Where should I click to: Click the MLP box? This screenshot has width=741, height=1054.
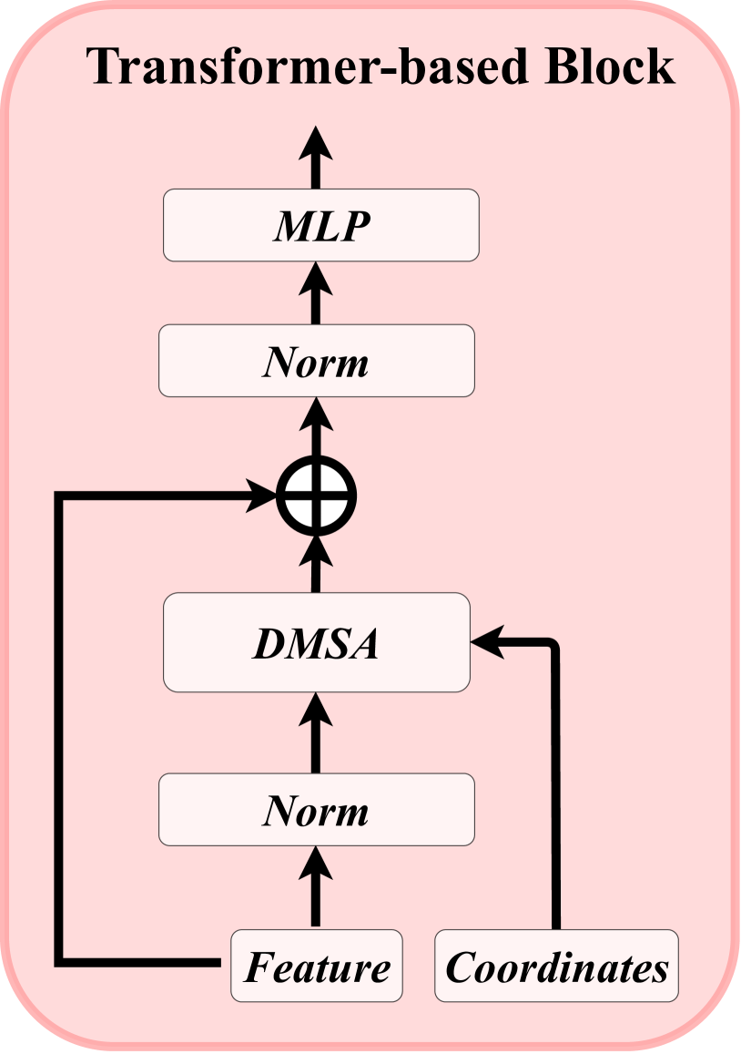pos(320,225)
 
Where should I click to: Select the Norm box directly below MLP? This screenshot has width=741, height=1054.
pos(316,361)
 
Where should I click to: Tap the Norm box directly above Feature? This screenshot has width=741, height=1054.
pos(316,809)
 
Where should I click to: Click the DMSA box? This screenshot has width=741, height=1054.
pos(316,642)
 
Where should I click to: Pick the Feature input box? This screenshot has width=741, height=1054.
pos(316,966)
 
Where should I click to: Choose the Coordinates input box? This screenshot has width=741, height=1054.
pos(556,966)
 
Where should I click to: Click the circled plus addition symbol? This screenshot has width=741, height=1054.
pos(316,496)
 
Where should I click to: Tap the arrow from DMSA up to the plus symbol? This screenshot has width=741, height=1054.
pos(316,562)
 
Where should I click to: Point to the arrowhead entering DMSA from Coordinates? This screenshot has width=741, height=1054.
pos(486,643)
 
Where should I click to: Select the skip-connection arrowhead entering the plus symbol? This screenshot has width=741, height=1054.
pos(264,496)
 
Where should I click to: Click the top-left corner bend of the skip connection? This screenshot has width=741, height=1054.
pos(60,496)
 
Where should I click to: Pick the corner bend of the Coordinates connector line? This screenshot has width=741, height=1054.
pos(554,645)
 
